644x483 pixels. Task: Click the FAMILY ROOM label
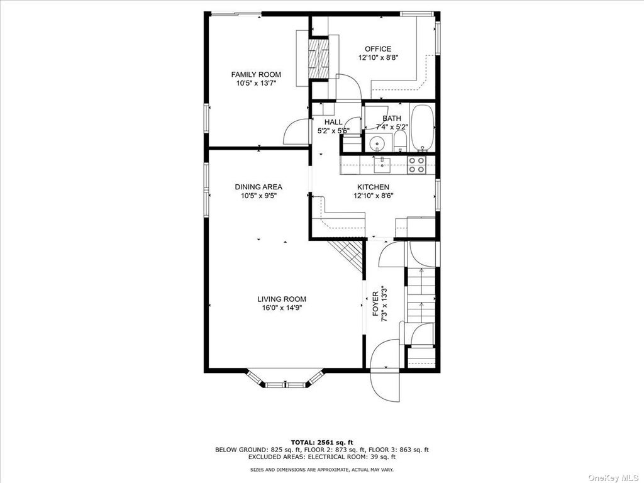256,74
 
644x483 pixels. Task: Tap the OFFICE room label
378,49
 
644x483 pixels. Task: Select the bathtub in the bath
422,128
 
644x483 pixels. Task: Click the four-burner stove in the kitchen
416,165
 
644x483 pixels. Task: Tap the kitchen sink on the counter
382,165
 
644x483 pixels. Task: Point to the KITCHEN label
373,187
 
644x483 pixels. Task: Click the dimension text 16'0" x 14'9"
281,308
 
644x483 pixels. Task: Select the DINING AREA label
258,187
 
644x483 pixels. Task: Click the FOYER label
375,304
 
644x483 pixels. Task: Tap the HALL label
333,122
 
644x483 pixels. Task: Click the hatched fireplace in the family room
319,57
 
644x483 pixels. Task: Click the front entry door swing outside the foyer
385,386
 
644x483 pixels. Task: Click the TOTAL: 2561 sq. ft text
322,442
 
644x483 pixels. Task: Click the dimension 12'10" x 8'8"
378,58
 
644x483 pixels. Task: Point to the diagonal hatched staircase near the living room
347,256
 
